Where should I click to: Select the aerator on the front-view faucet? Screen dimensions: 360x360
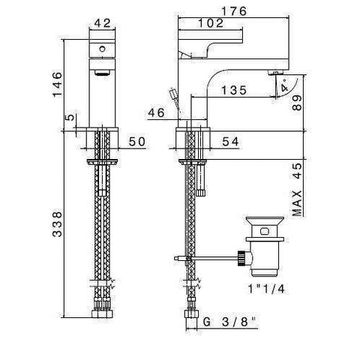(x=100, y=73)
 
